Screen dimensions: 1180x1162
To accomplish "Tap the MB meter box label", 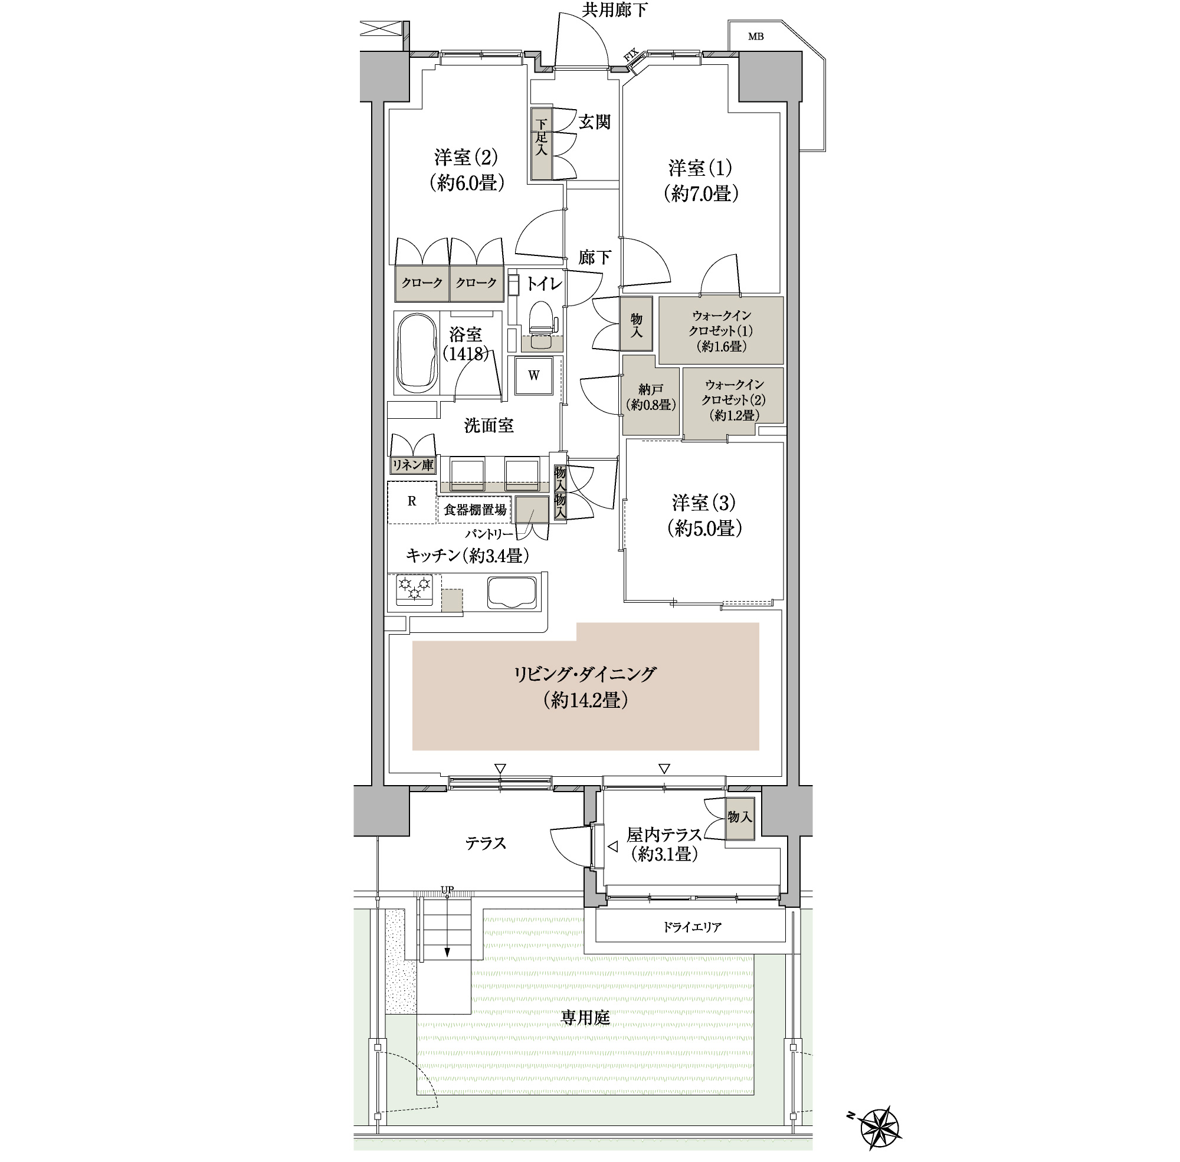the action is (x=756, y=37).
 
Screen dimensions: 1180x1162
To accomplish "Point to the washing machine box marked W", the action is (x=534, y=375).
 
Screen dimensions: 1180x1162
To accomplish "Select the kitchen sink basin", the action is (x=512, y=593).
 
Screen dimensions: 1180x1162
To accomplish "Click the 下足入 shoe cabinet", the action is (x=542, y=144).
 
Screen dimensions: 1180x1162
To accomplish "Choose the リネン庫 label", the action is (x=412, y=465).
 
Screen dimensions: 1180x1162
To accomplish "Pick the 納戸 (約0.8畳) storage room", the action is (x=651, y=397).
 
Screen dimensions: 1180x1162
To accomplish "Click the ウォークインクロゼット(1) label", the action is (x=721, y=331).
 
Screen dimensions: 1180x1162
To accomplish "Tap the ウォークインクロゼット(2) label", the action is (x=734, y=400).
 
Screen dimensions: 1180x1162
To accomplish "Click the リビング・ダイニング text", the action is (x=585, y=674).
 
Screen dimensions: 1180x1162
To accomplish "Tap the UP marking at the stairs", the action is (x=447, y=890).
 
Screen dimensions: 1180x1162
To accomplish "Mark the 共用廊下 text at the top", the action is (x=615, y=10).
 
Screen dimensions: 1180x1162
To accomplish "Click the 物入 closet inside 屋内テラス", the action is (x=740, y=817).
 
